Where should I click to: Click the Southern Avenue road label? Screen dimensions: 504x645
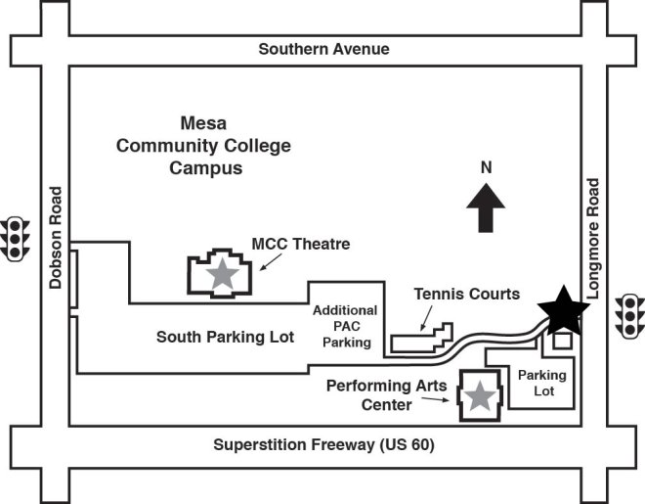point(323,49)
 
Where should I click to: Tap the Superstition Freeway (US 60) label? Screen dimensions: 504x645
point(323,445)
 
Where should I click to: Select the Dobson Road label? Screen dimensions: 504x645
point(56,238)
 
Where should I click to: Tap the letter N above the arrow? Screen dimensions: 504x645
point(485,167)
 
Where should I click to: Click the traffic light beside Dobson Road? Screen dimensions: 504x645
point(15,239)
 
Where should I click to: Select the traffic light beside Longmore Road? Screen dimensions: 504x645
point(629,315)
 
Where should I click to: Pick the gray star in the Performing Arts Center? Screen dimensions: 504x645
point(480,395)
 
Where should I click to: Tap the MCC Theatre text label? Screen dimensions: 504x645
point(301,244)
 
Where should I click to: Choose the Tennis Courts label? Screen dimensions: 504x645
point(466,293)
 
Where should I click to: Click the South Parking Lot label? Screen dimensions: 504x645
point(226,337)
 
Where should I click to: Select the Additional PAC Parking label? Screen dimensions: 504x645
point(345,326)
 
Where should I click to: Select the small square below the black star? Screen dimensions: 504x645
point(562,341)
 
